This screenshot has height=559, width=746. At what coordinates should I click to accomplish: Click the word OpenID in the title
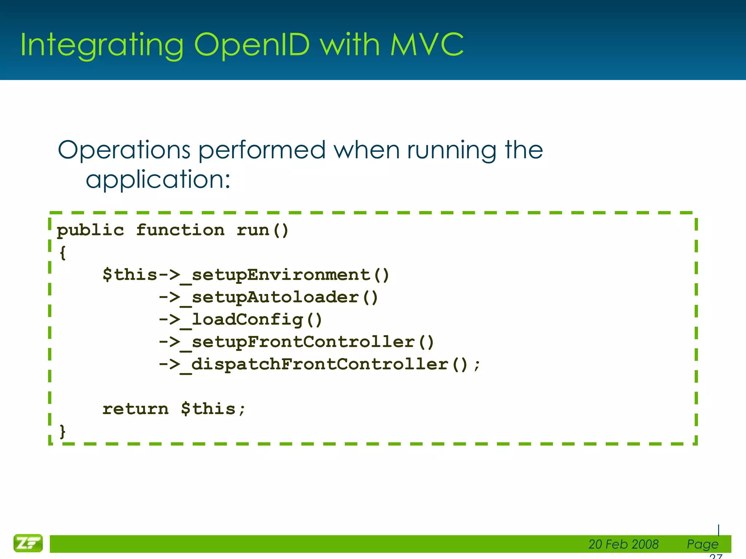tap(251, 45)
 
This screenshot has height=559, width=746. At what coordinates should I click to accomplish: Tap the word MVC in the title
tap(427, 45)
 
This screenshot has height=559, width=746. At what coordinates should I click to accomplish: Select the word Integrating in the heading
tap(102, 45)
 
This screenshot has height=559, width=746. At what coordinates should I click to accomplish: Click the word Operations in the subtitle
tap(124, 150)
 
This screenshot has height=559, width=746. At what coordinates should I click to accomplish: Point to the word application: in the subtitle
tap(158, 180)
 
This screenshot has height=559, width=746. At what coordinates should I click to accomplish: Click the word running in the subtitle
tap(451, 150)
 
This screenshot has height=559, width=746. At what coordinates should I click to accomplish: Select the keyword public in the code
tap(90, 230)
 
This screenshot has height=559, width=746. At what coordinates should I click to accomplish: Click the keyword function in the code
tap(180, 230)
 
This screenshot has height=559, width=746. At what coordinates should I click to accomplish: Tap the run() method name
tap(262, 230)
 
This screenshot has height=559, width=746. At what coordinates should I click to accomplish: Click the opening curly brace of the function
tap(63, 253)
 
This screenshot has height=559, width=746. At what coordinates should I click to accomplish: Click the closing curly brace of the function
tap(63, 431)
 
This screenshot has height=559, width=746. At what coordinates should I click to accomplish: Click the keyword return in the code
tap(136, 409)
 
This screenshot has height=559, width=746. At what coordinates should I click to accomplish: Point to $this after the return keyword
tap(208, 409)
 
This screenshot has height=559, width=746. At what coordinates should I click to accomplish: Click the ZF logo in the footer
tap(28, 543)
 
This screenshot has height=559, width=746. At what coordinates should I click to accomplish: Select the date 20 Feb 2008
tap(623, 544)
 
